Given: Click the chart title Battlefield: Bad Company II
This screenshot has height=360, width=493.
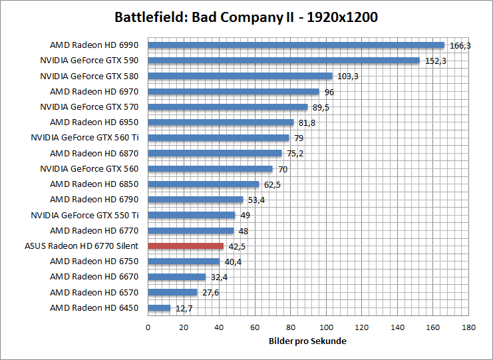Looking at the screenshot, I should (246, 17).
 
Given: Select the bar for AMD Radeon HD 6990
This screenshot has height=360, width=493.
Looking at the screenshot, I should (295, 45).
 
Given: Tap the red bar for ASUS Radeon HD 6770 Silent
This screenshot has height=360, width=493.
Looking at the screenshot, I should (186, 246).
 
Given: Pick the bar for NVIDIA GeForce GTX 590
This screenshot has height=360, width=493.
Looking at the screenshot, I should (283, 61).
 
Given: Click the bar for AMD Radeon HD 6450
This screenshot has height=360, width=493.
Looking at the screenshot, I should (159, 307).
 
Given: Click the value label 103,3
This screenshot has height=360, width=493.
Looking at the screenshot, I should (346, 77).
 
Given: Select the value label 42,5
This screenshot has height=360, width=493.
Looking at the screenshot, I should (237, 246).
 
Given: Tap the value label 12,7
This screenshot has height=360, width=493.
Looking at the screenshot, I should (184, 308).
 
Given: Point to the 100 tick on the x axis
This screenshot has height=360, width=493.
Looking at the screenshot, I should (326, 327).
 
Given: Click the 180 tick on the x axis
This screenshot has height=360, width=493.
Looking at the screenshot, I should (469, 327).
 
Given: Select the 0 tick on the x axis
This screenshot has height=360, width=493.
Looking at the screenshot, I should (148, 327).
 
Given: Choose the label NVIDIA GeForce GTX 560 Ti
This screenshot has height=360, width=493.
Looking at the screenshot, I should (84, 138).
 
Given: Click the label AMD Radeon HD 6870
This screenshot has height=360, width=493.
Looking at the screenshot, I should (94, 153).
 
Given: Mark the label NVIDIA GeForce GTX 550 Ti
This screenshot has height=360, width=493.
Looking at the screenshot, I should (84, 215).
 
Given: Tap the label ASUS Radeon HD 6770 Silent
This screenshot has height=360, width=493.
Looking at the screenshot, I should (81, 246).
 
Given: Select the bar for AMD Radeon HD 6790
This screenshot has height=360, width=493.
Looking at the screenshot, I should (196, 199).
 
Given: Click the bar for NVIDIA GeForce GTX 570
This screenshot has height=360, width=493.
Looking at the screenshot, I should (228, 107).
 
